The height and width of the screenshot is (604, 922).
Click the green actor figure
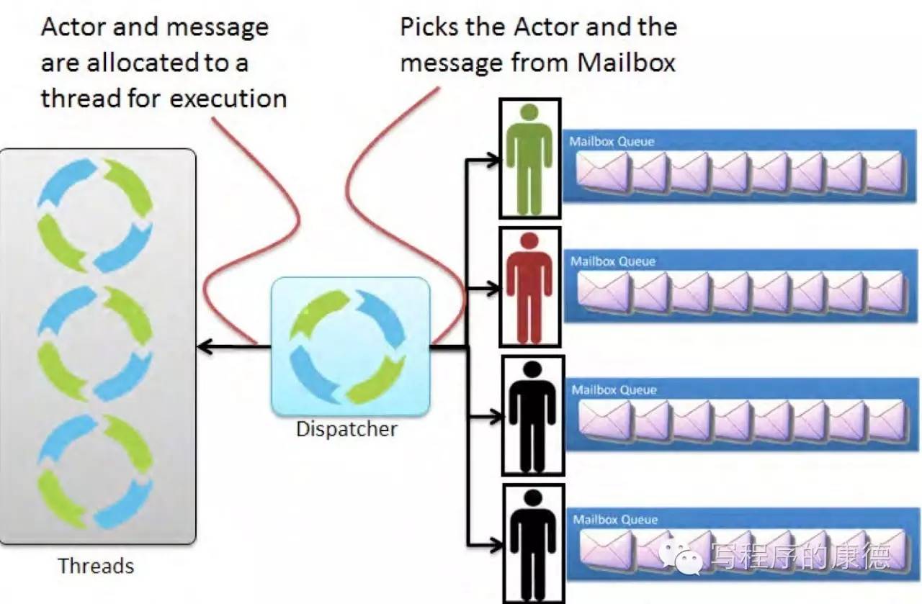tap(529, 159)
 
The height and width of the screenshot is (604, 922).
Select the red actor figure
tap(529, 288)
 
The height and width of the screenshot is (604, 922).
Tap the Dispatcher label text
tap(346, 429)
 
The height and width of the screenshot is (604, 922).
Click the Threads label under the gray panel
tap(96, 566)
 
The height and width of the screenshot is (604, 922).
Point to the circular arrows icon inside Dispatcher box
tap(348, 346)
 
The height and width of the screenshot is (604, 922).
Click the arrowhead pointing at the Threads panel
tap(205, 347)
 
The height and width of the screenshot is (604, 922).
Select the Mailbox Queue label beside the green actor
tap(612, 142)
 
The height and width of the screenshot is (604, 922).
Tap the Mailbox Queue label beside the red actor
tap(613, 261)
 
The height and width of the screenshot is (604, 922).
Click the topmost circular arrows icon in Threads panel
tap(95, 215)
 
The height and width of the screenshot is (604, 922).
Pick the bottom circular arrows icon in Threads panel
tap(95, 472)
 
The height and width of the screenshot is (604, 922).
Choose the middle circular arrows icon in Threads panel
tap(95, 343)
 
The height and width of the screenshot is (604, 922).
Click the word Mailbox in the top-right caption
tap(626, 63)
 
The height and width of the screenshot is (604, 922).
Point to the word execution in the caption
tap(228, 99)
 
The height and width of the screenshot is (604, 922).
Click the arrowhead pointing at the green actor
tap(492, 160)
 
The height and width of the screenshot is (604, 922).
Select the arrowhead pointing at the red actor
tap(492, 289)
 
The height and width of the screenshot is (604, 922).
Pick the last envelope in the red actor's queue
tap(887, 292)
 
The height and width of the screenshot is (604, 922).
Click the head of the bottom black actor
tap(534, 498)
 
